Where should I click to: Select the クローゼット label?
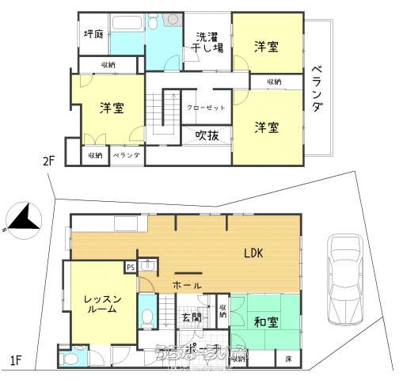coord(205,108)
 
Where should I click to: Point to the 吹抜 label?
coord(207,135)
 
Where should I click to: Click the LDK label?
coord(253,253)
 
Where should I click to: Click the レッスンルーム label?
coord(103,304)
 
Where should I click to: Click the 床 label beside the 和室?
coord(287,359)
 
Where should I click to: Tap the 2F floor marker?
coord(49,161)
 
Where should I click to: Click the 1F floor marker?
coord(15,361)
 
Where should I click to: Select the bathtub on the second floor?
coord(127,35)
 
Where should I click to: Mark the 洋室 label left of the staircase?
coord(111,108)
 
